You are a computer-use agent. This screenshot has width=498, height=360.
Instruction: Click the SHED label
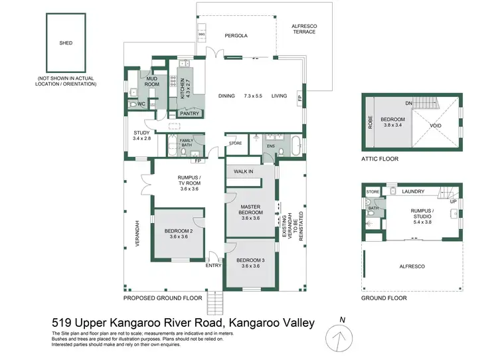tap(66, 43)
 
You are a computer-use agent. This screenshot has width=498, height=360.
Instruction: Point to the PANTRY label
tap(189, 114)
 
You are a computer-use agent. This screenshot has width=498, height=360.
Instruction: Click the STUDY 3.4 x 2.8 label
tap(141, 136)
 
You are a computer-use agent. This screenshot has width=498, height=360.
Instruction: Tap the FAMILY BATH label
tap(187, 142)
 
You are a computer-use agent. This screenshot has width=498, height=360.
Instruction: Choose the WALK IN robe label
tap(243, 171)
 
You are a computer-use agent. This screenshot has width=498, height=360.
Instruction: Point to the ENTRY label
tap(213, 266)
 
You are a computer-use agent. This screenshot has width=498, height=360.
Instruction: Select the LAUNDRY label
tap(413, 191)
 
